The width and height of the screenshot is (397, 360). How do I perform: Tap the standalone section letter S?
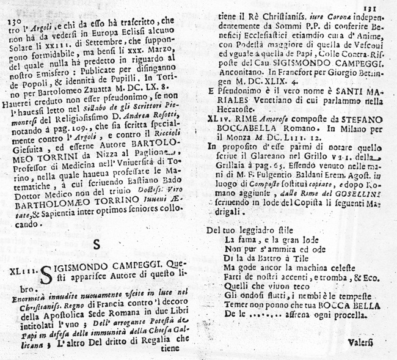97,244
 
